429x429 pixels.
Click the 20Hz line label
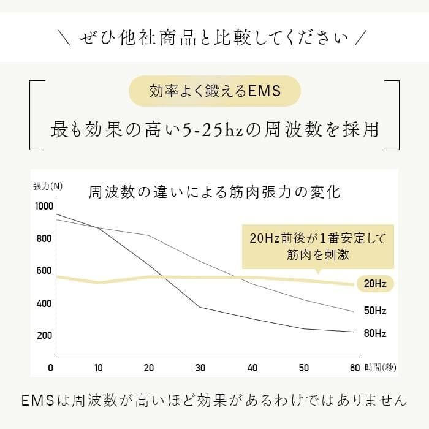[x=374, y=284]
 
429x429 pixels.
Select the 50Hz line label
[x=374, y=311]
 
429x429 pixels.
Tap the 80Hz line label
[x=374, y=334]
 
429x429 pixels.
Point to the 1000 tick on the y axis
[x=45, y=207]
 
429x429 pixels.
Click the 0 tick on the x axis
[x=51, y=368]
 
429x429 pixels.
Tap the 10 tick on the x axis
[x=99, y=368]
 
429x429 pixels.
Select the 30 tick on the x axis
[x=200, y=368]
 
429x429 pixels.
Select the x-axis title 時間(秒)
[x=381, y=368]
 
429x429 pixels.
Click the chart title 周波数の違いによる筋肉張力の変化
[x=214, y=192]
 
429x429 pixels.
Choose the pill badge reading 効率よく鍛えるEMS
[x=214, y=92]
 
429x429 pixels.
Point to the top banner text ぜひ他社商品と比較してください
[x=214, y=38]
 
